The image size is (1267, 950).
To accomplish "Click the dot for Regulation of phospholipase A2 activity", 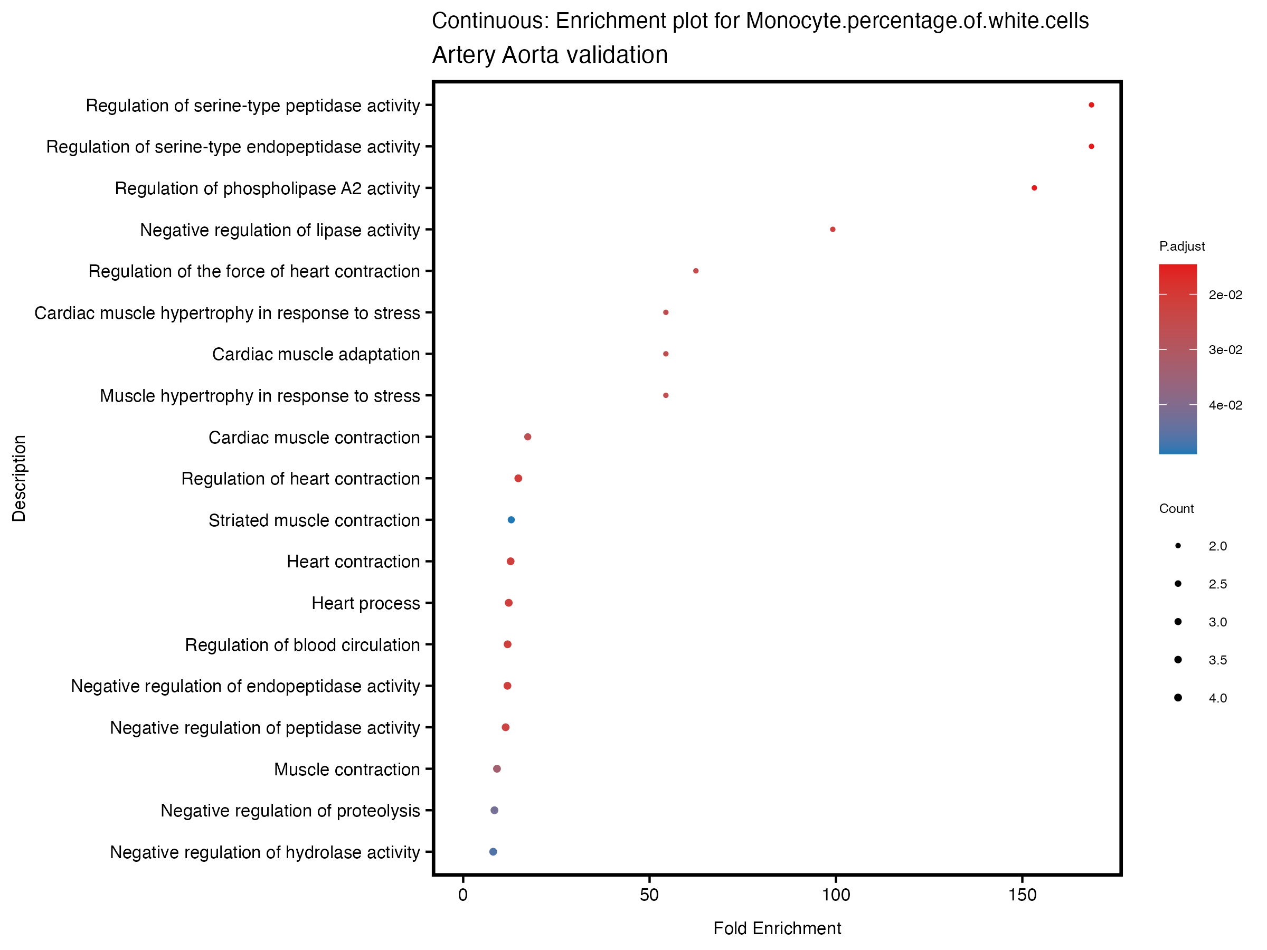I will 1034,188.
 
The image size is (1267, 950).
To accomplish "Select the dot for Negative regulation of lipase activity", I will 833,230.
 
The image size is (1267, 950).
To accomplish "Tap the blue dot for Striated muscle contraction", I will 512,520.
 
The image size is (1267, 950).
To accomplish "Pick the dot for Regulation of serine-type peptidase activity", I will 1091,105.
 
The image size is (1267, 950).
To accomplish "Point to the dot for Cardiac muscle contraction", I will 527,437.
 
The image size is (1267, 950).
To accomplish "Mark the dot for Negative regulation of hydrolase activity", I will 493,851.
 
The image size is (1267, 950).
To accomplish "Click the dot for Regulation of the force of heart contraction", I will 695,271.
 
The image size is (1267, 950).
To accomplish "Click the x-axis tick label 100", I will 836,895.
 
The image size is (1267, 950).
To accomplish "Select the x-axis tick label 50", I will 649,895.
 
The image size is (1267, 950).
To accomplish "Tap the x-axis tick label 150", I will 1023,895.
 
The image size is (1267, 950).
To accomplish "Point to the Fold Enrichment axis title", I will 777,928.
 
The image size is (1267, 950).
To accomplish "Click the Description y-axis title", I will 19,478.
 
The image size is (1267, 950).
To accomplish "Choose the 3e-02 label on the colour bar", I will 1225,350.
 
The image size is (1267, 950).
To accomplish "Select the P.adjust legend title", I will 1181,246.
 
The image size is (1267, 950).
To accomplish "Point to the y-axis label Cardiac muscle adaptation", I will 316,355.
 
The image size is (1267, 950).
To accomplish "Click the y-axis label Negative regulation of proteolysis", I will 290,811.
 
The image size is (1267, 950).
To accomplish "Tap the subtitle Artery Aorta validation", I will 550,55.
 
